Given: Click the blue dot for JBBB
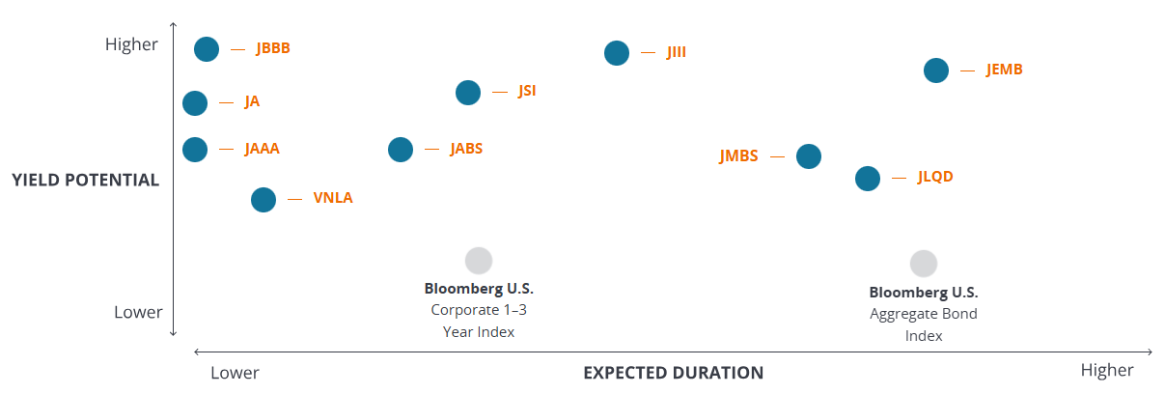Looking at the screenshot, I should pos(207,49).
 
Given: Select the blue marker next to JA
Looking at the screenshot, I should pos(195,103).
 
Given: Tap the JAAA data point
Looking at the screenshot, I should pos(195,150).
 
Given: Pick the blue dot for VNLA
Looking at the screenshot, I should pos(264,200).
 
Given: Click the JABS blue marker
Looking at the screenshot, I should pos(401,150).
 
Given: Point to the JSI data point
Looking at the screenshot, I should pos(468,93).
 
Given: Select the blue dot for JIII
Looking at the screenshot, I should pos(617,53).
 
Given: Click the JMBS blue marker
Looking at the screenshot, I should pos(809,156).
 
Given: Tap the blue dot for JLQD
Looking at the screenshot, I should pos(868,179).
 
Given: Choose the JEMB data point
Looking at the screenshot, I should pos(936,70).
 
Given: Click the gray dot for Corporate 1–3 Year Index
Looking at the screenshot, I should pos(479,261).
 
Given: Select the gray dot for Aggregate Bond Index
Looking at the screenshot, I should pos(924,264).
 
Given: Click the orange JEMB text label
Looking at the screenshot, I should pos(1004,70).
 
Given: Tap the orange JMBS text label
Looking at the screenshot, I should pos(738,156).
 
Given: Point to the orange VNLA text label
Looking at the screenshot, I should pos(333,199).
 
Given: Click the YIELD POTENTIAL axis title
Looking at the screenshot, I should pos(86,180).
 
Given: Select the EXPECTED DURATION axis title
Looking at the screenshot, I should pos(673,373).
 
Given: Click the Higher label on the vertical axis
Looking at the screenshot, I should pos(131,44).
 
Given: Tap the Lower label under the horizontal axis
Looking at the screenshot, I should pos(235,372).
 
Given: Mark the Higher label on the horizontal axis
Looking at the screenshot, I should pos(1107,371).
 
